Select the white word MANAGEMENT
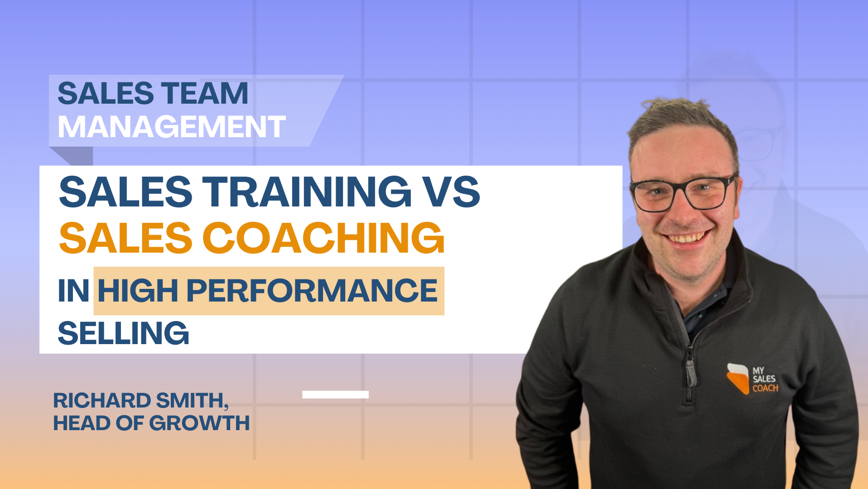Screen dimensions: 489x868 pos(172,127)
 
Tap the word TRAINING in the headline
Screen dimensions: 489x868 pos(307,192)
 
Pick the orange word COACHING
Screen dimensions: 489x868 pos(323,238)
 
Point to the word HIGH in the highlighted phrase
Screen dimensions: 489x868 pos(138,291)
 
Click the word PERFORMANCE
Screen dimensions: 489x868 pos(312,291)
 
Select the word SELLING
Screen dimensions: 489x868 pos(123,333)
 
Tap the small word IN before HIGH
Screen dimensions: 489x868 pos(73,291)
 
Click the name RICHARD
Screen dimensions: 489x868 pos(102,401)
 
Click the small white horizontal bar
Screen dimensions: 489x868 pos(335,394)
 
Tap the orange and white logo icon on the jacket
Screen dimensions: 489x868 pos(738,378)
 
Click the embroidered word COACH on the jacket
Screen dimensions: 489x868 pos(765,388)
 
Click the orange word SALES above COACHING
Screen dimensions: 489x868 pos(125,238)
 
